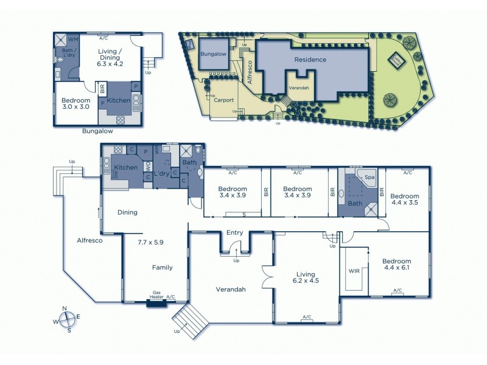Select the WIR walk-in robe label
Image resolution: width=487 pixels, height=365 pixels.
pos(353,271)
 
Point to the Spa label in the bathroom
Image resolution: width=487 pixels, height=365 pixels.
pos(370,177)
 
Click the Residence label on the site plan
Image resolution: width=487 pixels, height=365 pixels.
pos(310,60)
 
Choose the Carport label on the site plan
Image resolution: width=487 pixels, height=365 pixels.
pos(223,100)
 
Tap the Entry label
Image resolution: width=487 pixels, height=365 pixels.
pos(234,232)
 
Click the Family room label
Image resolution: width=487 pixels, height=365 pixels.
pos(162,267)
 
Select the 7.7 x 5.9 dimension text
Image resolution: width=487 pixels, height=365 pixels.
pos(150,242)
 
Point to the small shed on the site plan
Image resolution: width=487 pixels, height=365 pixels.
pos(398,60)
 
